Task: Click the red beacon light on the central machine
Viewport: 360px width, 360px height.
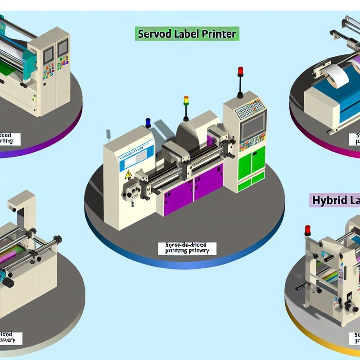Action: (x=240, y=71)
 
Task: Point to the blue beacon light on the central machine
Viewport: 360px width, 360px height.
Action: (x=148, y=121)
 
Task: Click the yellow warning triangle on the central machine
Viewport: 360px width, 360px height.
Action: (x=128, y=175)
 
